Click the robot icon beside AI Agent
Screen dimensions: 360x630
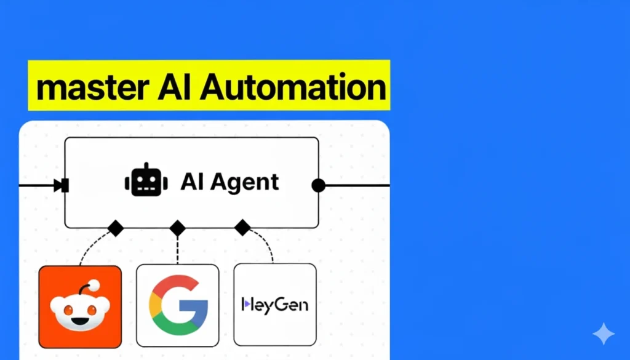(146, 181)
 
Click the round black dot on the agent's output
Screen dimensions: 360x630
(318, 185)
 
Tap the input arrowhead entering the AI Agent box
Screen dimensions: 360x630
(60, 185)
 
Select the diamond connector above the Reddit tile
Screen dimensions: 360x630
(115, 228)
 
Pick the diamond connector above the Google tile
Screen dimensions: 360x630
(177, 228)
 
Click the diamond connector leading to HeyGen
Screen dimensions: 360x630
(243, 228)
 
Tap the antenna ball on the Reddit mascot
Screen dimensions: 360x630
(94, 286)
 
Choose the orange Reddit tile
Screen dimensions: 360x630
(80, 306)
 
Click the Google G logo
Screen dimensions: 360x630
(178, 305)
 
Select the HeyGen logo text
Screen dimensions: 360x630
(275, 304)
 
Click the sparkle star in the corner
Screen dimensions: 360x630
(603, 334)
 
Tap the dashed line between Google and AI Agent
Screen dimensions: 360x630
(177, 250)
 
